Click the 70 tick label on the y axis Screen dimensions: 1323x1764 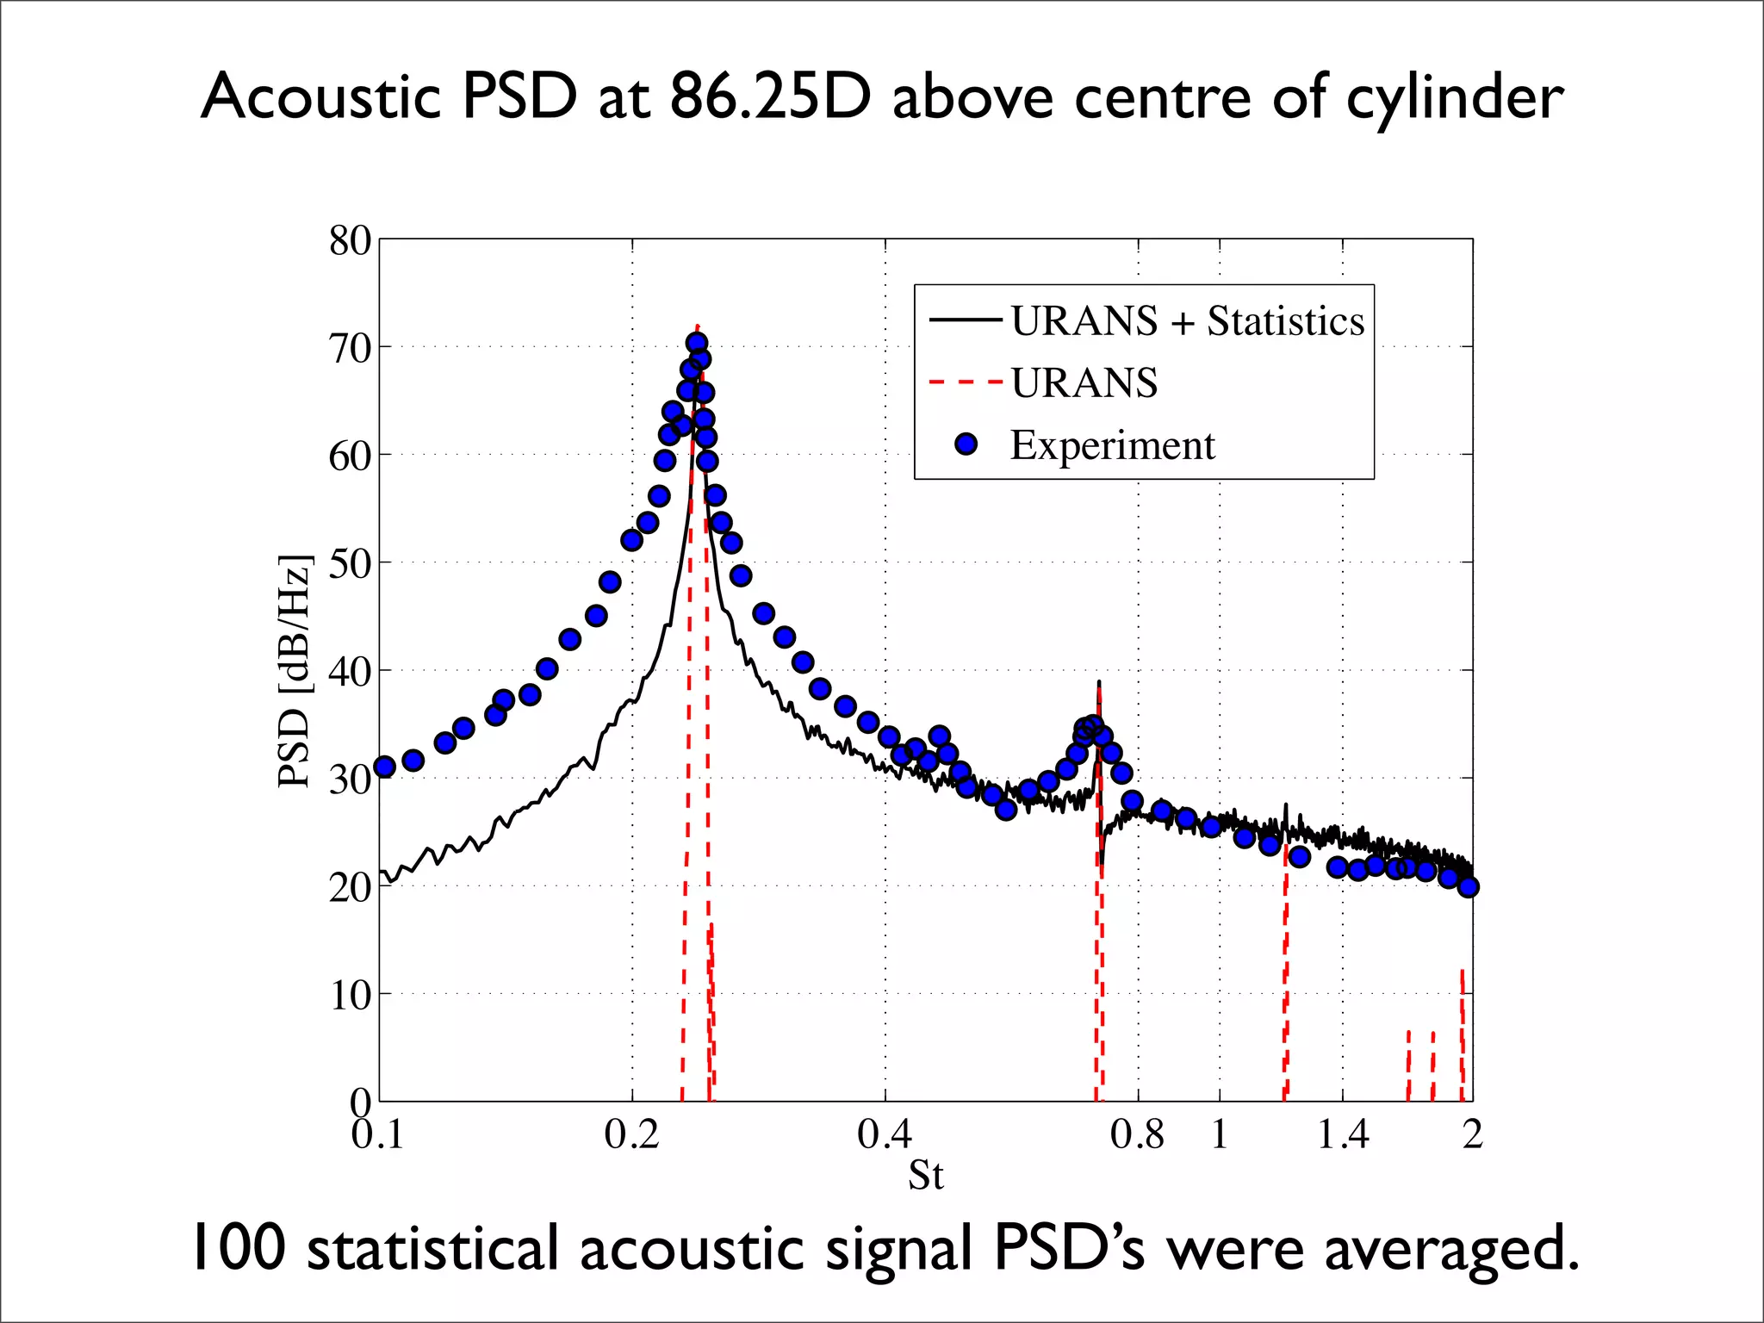click(349, 349)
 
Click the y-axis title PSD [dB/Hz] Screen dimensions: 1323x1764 click(295, 672)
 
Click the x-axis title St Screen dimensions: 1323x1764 click(926, 1176)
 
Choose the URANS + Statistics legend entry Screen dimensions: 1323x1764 click(1187, 321)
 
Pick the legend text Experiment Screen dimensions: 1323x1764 click(1112, 445)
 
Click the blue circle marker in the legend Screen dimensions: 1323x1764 click(966, 444)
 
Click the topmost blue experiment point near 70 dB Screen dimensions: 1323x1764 click(697, 343)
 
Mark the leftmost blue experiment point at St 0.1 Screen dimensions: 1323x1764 click(385, 767)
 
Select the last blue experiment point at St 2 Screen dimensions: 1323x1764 click(1469, 886)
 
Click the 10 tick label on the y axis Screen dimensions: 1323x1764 click(350, 996)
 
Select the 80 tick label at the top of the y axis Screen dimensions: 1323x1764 click(349, 241)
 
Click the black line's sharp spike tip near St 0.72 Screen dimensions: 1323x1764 click(1099, 682)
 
